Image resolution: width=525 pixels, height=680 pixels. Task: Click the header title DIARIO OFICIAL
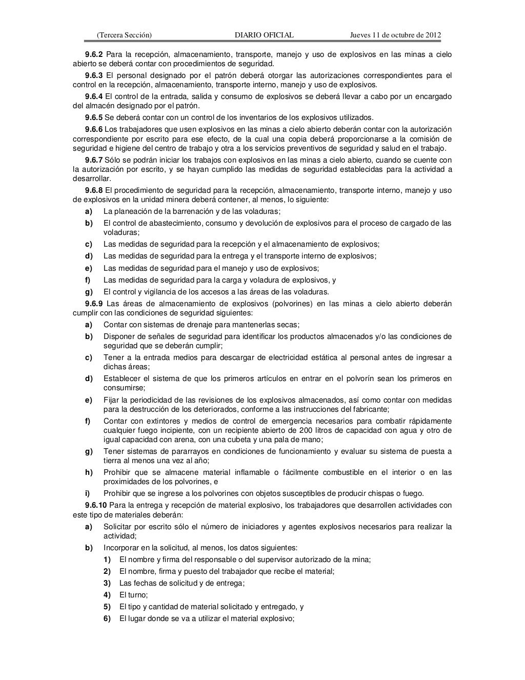click(264, 35)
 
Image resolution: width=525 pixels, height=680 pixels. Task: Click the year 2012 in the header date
click(432, 35)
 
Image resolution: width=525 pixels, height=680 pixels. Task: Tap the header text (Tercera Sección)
click(124, 35)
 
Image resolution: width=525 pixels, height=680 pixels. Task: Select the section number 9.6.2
click(94, 54)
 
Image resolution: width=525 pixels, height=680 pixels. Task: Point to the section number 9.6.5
click(94, 117)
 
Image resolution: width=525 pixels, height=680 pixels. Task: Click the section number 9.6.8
click(94, 190)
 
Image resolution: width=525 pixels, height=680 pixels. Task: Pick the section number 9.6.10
click(96, 505)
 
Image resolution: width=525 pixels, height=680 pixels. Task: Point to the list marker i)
click(88, 493)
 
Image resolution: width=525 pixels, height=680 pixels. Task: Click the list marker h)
click(89, 472)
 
